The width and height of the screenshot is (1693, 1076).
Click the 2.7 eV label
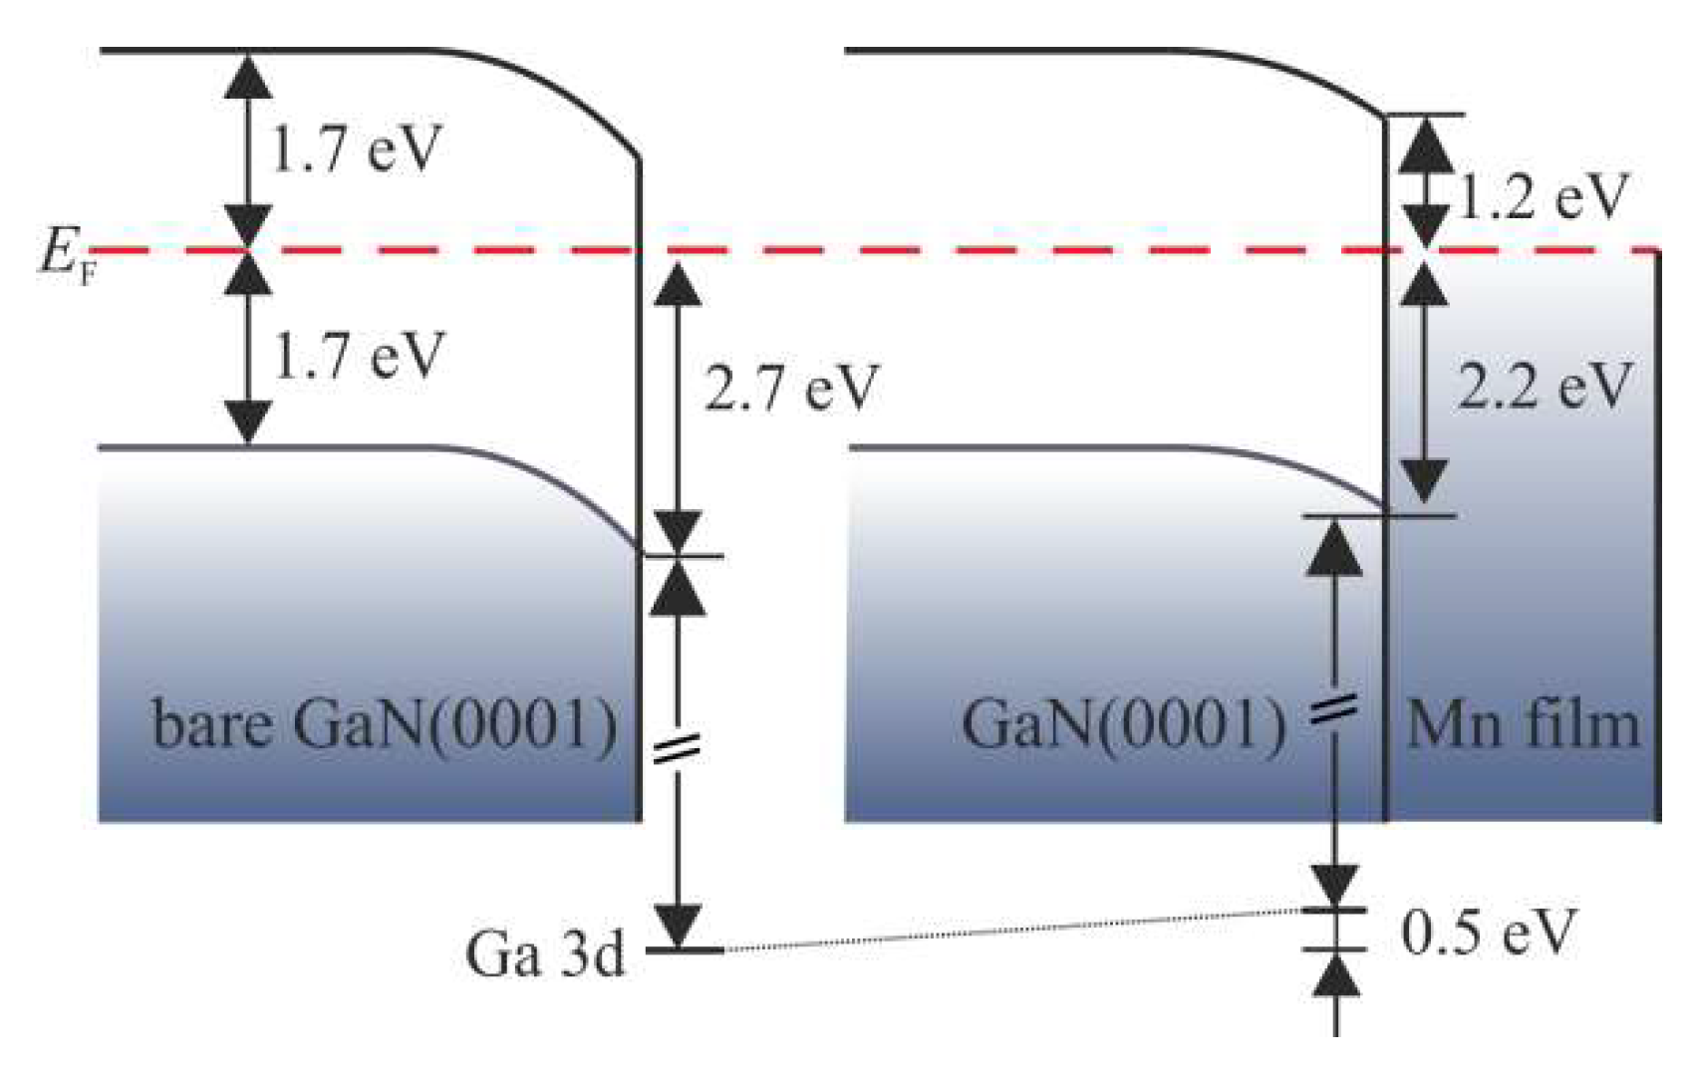point(791,389)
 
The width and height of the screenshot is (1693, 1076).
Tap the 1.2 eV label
point(1544,197)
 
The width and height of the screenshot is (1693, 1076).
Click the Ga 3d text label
point(545,954)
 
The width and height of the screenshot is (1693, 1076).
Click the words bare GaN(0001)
point(385,724)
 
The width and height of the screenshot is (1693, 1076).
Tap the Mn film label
point(1522,724)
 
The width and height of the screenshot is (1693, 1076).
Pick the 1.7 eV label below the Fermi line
point(356,356)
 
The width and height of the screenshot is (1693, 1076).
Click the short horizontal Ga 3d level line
point(685,950)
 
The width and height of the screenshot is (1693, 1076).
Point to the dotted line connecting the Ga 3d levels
point(1006,932)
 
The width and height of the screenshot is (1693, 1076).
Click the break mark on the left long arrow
point(677,749)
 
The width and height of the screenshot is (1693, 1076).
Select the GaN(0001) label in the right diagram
point(1123,724)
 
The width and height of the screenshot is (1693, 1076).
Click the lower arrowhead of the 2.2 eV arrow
point(1426,481)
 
